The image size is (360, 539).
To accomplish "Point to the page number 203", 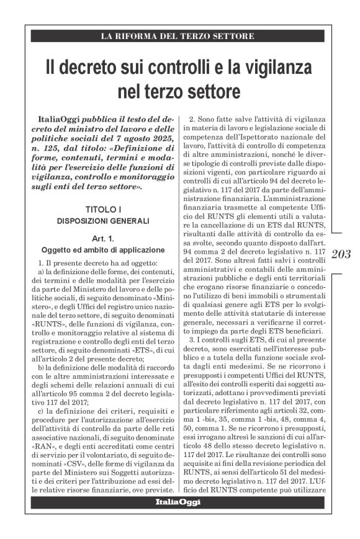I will [341, 254].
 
